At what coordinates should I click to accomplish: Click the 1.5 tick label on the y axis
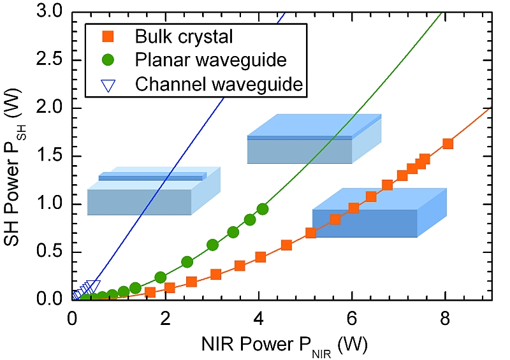[54, 156]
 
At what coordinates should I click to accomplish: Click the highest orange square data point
[448, 144]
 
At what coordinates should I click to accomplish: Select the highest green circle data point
[263, 209]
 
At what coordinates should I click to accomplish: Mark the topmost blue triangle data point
[94, 286]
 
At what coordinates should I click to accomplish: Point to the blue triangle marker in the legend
[108, 83]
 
